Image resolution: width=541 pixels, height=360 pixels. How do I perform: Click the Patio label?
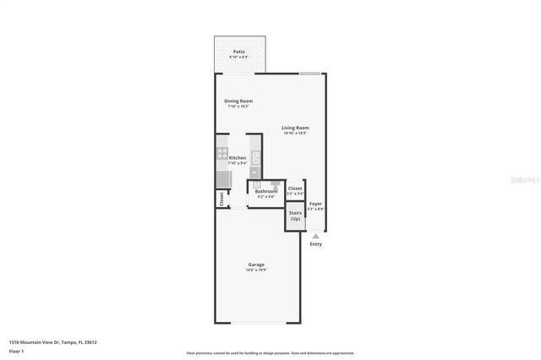[x=239, y=52]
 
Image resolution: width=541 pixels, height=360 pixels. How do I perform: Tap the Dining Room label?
[x=238, y=101]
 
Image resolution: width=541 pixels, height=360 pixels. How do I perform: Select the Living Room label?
[x=295, y=128]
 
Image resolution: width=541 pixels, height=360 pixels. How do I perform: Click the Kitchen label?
[x=238, y=158]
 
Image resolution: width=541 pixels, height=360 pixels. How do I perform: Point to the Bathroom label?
[x=266, y=191]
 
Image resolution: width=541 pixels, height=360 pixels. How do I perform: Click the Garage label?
[x=257, y=265]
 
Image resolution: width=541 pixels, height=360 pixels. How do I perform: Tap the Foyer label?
[x=315, y=204]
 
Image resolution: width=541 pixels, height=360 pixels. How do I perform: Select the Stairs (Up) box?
[x=294, y=216]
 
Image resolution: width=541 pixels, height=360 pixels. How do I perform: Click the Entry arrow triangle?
[x=315, y=236]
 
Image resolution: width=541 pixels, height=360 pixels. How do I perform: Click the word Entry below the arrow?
[x=315, y=244]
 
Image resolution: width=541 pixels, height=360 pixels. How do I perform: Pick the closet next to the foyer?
[x=294, y=189]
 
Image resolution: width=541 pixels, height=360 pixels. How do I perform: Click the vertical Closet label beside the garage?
[x=221, y=199]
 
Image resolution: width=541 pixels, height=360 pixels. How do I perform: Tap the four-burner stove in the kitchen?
[x=222, y=156]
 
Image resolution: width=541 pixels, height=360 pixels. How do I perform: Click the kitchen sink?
[x=254, y=157]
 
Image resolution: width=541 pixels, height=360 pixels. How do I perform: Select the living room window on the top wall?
[x=309, y=74]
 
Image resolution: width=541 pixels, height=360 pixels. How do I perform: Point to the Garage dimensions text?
[x=257, y=270]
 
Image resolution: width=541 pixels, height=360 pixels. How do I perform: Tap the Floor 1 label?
[x=16, y=351]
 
